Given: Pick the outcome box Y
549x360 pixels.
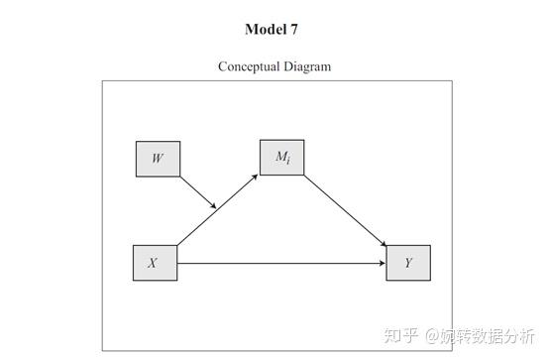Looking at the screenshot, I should [x=408, y=263].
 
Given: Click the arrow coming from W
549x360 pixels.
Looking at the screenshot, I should [x=198, y=192].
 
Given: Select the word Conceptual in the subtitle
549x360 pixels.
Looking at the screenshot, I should [x=252, y=66].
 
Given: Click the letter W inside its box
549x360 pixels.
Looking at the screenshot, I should [x=158, y=159].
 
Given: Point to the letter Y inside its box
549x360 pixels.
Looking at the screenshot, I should [x=408, y=263].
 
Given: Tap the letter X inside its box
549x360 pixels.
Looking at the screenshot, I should [x=153, y=263].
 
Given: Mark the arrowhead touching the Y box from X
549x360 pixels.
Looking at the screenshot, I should [x=382, y=264].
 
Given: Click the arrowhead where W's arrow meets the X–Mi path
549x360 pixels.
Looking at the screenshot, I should [x=213, y=205].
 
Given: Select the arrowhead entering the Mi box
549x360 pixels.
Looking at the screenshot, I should [x=257, y=177].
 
